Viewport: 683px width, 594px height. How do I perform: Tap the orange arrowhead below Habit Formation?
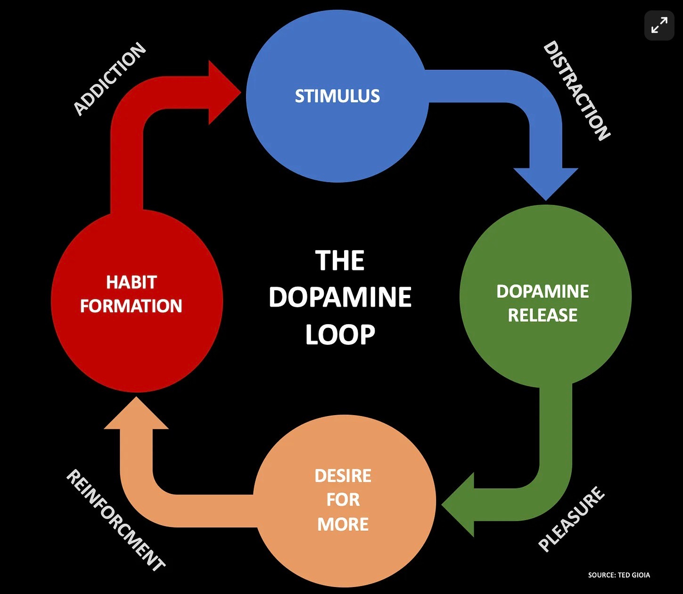(x=136, y=415)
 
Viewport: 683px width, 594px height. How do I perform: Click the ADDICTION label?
(x=110, y=79)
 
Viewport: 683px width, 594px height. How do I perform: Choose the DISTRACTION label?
(x=576, y=91)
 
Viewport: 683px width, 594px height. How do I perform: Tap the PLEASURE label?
(x=571, y=519)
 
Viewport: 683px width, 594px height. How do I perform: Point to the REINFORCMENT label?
(x=116, y=520)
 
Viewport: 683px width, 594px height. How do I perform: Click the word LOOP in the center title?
(x=340, y=335)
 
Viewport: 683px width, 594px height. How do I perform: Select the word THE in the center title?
(x=340, y=260)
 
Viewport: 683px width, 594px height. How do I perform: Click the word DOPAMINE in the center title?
(x=340, y=297)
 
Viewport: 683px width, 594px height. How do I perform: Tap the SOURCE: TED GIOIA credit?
(x=619, y=575)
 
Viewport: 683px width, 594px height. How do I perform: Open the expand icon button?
(x=659, y=25)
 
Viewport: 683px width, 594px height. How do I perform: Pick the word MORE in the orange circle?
(x=343, y=524)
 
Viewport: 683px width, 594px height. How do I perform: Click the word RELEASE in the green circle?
(x=543, y=315)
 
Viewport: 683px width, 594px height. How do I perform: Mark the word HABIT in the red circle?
(x=131, y=282)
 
